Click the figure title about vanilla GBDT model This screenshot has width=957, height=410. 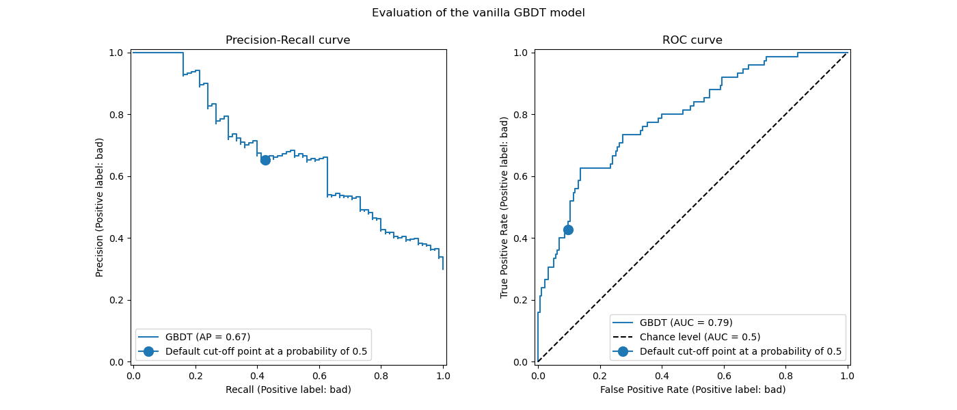pos(478,12)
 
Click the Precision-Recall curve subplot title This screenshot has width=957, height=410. pos(288,40)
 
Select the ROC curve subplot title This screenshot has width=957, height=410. pos(692,40)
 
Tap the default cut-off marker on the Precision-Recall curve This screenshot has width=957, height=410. pos(265,160)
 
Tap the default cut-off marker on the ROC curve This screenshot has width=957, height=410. pos(568,230)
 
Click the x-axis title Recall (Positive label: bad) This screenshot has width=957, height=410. pos(288,389)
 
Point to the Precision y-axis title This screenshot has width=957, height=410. pos(100,207)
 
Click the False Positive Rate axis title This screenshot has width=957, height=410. pos(692,389)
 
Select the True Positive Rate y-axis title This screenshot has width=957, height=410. pos(504,207)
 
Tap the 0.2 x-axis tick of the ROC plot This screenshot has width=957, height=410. pos(599,375)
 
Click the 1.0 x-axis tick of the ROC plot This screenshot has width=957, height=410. pos(848,375)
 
